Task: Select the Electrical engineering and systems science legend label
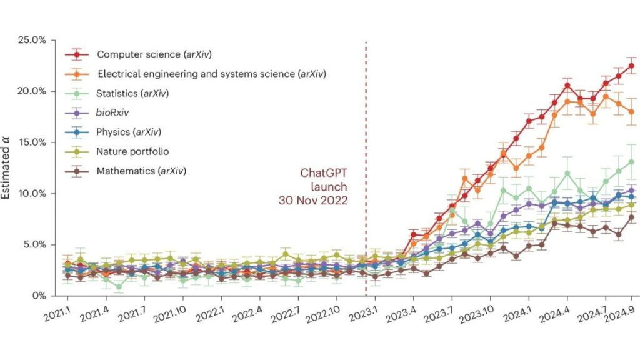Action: tap(212, 74)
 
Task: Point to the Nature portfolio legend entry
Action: tap(132, 151)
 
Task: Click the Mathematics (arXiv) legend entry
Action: tap(141, 170)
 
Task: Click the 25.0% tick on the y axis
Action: tap(32, 40)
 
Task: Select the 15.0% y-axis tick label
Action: tap(32, 142)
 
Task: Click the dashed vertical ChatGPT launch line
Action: tap(366, 125)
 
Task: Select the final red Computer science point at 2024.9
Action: tap(632, 66)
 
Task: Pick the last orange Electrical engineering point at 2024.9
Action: tap(632, 112)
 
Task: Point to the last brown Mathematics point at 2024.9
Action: tap(632, 217)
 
